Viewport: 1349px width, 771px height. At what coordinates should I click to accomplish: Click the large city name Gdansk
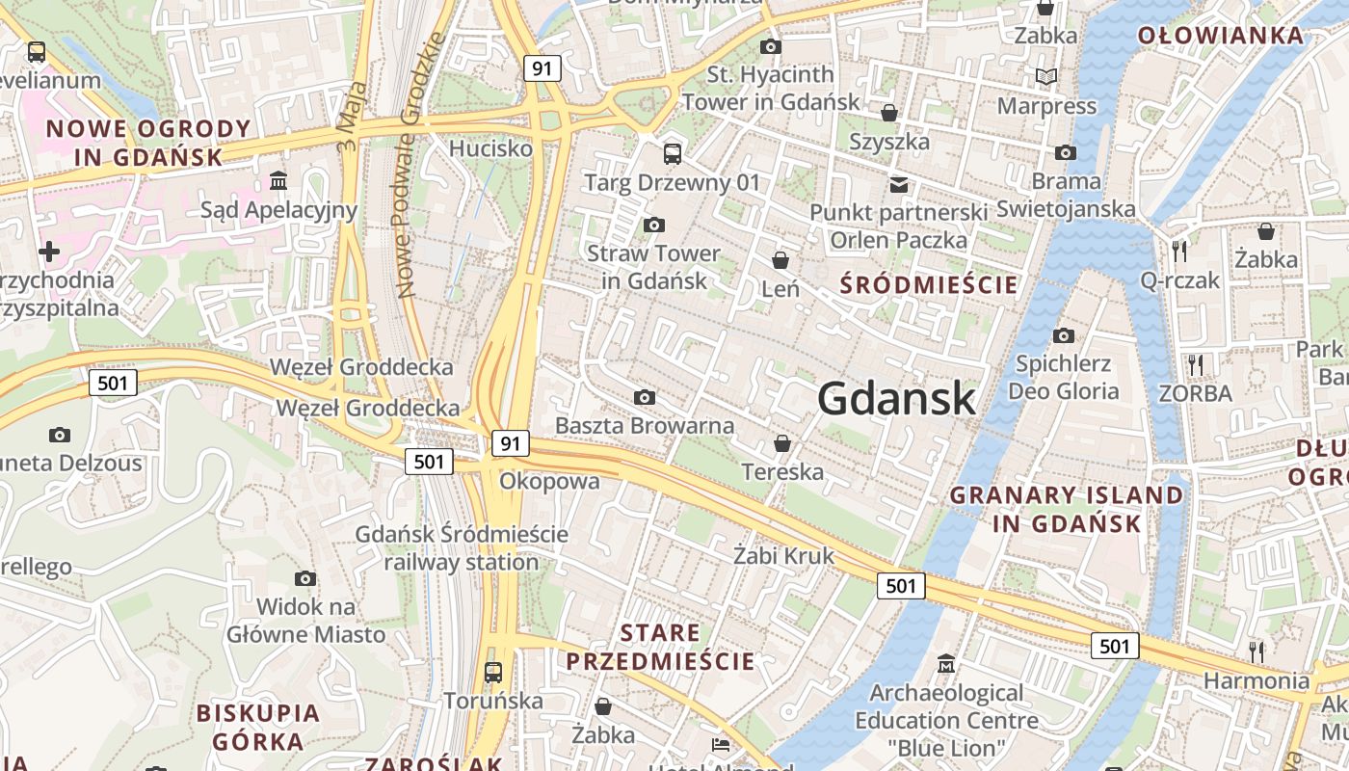coord(896,398)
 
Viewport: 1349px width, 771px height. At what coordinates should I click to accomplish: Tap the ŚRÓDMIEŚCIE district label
coord(929,285)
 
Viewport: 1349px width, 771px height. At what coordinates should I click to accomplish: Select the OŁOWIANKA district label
coord(1220,37)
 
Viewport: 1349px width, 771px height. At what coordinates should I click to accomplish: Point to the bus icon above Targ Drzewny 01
coord(672,153)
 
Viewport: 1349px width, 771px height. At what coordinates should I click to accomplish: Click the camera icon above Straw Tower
coord(654,226)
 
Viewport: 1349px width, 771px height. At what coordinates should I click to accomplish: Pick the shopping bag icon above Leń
coord(780,260)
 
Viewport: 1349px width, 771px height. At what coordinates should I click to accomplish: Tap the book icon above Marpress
coord(1045,76)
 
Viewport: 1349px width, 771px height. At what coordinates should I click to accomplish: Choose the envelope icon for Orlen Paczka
coord(898,184)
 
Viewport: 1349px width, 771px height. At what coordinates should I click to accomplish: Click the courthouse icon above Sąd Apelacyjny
coord(278,181)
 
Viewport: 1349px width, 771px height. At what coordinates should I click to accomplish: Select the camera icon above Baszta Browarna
coord(645,397)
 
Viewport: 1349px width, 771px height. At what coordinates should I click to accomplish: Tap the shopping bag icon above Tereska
coord(782,443)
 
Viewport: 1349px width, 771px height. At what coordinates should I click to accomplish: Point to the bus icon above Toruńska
coord(493,672)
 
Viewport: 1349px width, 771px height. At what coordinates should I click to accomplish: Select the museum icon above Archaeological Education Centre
coord(946,664)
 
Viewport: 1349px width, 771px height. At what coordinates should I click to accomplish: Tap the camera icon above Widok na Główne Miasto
coord(305,578)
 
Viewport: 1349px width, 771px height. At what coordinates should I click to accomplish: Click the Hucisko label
coord(490,148)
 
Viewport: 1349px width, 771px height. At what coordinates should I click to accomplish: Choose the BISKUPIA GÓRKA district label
coord(257,727)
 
